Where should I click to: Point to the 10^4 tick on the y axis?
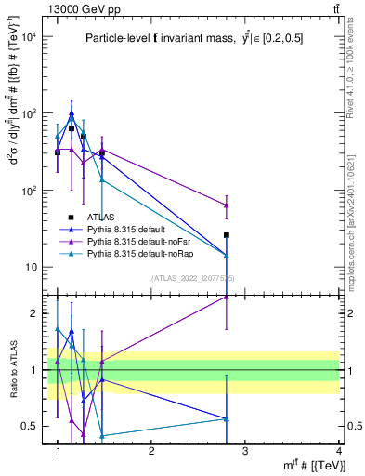point(29,37)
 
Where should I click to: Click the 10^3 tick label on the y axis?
point(29,113)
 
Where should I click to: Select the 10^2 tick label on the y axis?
point(29,191)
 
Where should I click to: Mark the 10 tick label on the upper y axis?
point(31,268)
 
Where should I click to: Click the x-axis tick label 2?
point(151,451)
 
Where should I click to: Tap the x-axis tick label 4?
point(339,451)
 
